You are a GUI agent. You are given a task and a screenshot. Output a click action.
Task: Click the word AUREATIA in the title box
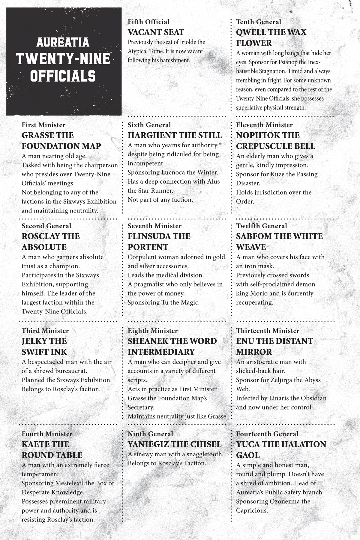tap(63, 42)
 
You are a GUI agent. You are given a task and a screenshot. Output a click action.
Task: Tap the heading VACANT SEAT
tap(156, 32)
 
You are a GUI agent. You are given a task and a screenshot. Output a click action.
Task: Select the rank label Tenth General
tap(258, 22)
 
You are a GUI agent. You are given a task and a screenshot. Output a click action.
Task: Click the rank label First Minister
tap(43, 125)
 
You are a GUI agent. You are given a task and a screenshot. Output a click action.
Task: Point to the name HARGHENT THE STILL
tap(175, 135)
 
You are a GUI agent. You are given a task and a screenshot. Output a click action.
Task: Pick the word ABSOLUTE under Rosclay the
tap(44, 247)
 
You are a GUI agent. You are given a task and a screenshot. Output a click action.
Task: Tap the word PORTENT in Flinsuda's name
tap(148, 247)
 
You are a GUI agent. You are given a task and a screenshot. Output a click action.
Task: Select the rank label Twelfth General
tap(261, 226)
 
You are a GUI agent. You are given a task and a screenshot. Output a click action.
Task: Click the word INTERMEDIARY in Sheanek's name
tap(161, 352)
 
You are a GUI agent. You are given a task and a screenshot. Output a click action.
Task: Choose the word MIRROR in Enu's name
tap(254, 352)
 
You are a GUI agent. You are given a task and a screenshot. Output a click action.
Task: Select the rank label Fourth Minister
tap(47, 434)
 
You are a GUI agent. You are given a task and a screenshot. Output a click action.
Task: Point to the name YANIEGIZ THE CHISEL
tap(174, 444)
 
